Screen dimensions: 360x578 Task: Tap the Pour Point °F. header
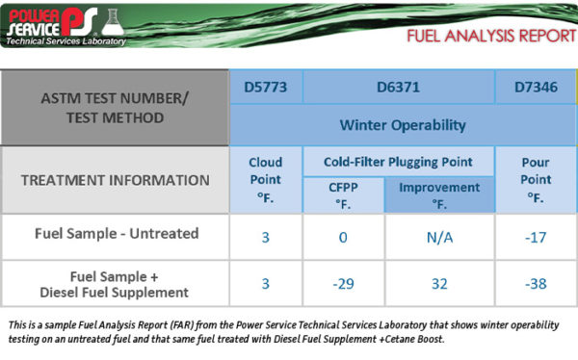[536, 179]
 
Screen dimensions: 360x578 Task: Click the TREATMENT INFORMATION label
[115, 179]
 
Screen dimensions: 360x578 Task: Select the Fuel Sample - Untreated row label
[115, 234]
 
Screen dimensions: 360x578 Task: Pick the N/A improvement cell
[439, 235]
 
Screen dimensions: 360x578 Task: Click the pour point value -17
[536, 235]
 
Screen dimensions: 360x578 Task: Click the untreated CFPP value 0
[343, 235]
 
